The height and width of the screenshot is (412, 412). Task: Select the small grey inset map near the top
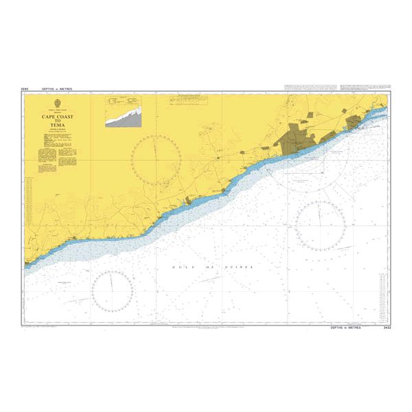coord(124,112)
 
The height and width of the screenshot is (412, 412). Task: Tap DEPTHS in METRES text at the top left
coord(57,89)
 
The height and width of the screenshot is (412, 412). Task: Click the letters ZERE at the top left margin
coord(26,89)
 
